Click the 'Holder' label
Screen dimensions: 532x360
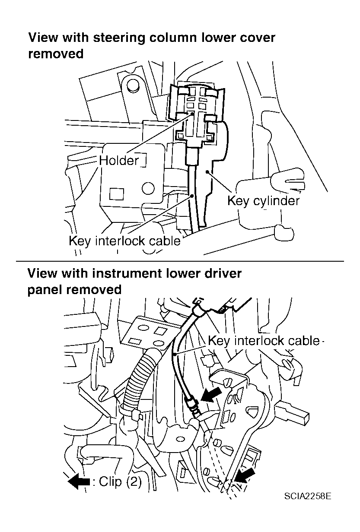(x=119, y=161)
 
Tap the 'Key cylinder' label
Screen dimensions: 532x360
(x=263, y=201)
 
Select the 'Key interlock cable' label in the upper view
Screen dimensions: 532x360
(x=124, y=241)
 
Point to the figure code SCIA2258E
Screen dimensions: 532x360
(x=308, y=495)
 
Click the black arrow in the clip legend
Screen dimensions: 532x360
(x=79, y=481)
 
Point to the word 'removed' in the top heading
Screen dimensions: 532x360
(x=55, y=54)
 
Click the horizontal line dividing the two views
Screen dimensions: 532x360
(x=180, y=261)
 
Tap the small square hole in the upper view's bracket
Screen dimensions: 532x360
(x=116, y=193)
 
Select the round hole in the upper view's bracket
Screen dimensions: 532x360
(x=148, y=188)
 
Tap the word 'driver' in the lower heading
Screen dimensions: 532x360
(x=220, y=273)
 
